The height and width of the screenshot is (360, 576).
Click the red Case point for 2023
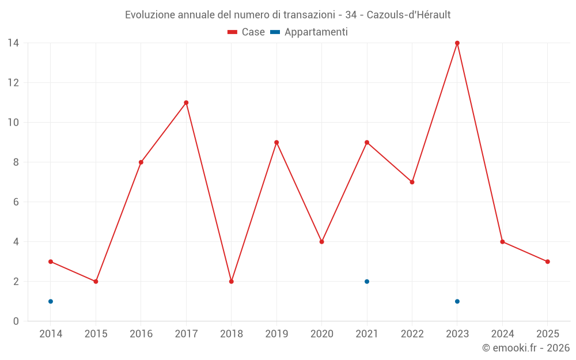(457, 43)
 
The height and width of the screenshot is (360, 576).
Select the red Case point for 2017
(186, 103)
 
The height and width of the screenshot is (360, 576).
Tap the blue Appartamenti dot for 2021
(367, 282)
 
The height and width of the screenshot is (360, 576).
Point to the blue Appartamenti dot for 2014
(51, 301)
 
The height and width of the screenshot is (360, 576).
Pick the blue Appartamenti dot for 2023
(457, 301)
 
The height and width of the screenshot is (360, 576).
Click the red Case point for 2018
(231, 282)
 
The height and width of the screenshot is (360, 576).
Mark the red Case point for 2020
(321, 242)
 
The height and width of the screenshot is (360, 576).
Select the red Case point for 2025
(548, 262)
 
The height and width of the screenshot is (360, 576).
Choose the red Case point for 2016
(141, 162)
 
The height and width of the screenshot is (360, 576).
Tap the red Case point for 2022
(412, 182)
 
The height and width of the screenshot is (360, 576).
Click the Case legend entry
(247, 32)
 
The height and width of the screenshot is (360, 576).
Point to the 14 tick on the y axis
(13, 43)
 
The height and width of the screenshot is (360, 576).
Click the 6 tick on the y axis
(16, 202)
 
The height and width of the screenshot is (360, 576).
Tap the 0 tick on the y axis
(16, 321)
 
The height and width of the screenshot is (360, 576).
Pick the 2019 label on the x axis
(276, 334)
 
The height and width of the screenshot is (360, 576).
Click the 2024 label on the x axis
(502, 334)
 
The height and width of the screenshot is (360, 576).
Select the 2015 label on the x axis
(96, 334)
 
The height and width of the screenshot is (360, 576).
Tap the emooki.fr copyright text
(526, 348)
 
